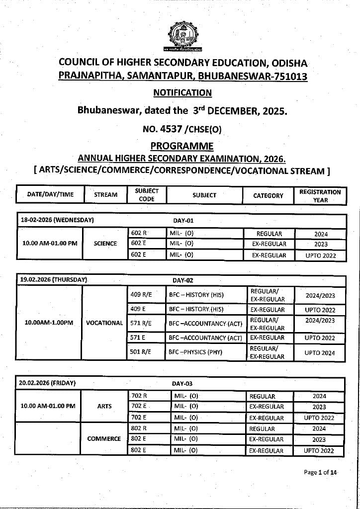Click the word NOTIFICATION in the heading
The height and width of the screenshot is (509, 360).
pos(182,92)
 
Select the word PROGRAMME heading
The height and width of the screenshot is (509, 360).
pos(182,146)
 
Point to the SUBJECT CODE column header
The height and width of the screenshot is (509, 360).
pos(147,195)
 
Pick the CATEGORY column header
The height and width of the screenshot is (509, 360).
pos(268,195)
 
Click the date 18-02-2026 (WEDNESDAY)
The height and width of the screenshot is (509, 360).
pos(58,220)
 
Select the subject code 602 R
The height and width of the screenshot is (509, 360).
pos(139,233)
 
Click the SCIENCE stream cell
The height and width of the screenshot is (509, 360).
pos(105,244)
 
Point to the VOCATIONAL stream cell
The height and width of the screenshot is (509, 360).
pos(104,323)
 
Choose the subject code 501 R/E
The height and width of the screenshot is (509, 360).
pos(141,352)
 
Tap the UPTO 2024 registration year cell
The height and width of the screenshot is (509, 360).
pos(320,353)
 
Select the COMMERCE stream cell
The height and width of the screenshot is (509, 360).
pos(104,439)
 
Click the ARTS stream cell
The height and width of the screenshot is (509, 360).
pos(104,406)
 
